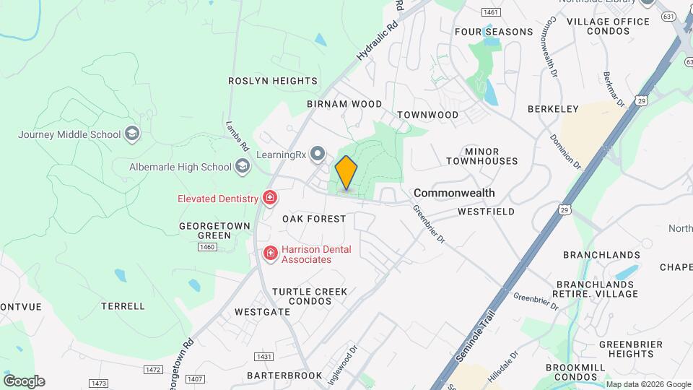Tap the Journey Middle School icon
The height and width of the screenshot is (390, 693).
[x=132, y=134]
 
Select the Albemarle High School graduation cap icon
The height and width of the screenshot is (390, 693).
[x=242, y=167]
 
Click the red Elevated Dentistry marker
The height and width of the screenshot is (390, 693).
[x=270, y=197]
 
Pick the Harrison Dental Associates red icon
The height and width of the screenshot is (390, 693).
[x=271, y=253]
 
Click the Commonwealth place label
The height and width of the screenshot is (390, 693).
[x=454, y=193]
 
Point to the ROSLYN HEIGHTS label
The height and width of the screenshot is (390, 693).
[x=273, y=81]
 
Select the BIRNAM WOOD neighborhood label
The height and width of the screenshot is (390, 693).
[x=344, y=104]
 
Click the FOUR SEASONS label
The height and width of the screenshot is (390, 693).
[x=494, y=32]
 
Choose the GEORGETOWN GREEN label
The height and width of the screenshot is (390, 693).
[x=215, y=230]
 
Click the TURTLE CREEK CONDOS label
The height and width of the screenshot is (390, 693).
[x=310, y=296]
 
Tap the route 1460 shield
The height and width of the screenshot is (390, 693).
[x=207, y=247]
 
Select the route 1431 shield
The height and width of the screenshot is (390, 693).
[x=264, y=357]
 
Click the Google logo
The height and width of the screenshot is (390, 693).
[x=24, y=381]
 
